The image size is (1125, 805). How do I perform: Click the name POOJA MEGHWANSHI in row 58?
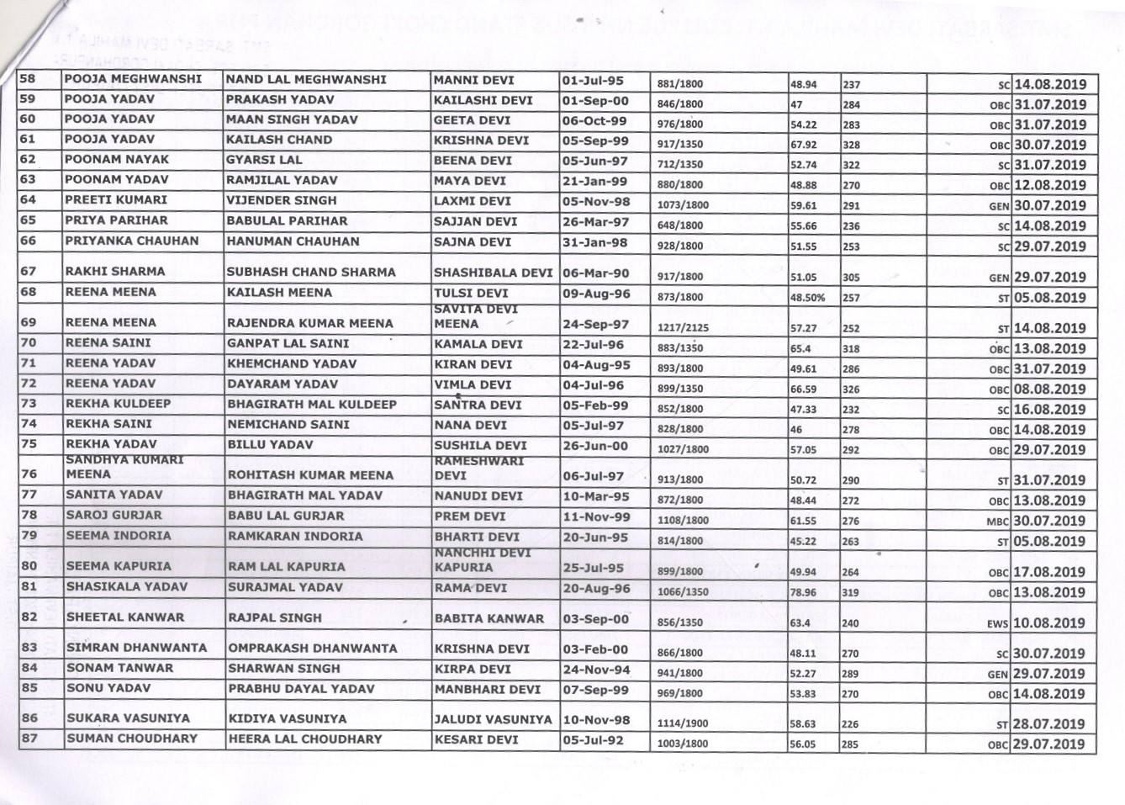tap(133, 80)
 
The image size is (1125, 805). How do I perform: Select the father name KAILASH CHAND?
tap(279, 140)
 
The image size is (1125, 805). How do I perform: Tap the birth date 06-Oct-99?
tap(594, 121)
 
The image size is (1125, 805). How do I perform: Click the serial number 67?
tap(29, 272)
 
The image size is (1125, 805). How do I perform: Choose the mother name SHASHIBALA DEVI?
tap(493, 273)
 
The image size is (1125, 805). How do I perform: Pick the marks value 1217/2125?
tap(683, 329)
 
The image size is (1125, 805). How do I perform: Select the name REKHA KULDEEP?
tap(118, 404)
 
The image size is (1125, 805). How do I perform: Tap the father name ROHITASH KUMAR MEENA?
tap(310, 475)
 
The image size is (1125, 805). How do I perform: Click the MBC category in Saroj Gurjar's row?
tap(997, 522)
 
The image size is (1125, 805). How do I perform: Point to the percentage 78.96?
tap(803, 592)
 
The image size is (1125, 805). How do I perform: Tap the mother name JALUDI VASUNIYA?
tap(493, 720)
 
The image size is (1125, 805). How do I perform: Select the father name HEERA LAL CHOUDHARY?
tap(305, 739)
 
